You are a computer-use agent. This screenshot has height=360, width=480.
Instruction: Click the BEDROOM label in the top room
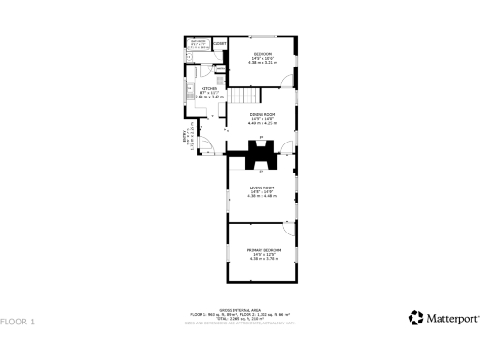pos(262,55)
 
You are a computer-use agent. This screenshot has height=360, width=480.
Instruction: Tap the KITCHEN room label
pos(209,89)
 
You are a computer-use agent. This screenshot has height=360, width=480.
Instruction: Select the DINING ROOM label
pos(262,114)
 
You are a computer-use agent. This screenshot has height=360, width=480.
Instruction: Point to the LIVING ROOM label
pos(262,190)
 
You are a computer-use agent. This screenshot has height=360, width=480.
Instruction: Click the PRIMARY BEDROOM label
pos(263,250)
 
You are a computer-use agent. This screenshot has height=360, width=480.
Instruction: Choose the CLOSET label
pos(219,44)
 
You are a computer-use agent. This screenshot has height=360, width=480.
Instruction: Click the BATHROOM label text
pos(199,41)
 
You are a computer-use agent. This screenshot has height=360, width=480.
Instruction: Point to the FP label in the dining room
pos(261,136)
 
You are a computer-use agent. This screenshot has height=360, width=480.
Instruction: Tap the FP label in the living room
pos(261,172)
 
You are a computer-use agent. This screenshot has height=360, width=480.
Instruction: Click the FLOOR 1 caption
pos(18,322)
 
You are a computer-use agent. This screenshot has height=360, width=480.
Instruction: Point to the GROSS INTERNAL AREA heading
pos(240,310)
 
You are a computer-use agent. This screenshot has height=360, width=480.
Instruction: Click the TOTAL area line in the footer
pos(240,318)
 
